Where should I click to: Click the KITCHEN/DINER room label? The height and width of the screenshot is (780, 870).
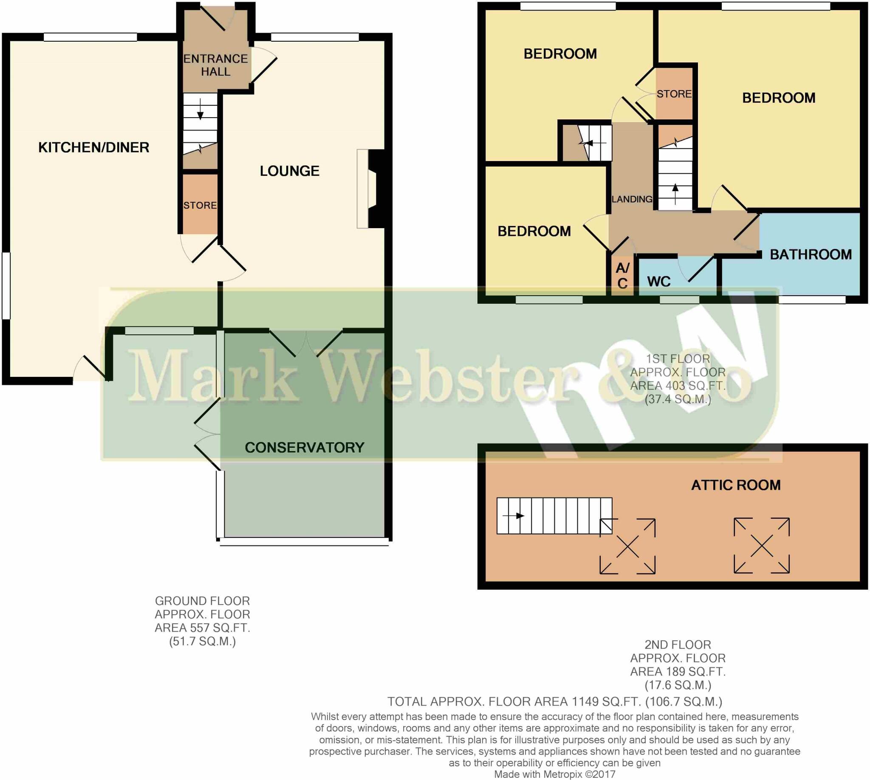coord(93,147)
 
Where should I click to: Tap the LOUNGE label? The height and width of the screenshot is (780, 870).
coord(289,171)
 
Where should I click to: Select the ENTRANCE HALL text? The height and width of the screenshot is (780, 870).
coord(215,65)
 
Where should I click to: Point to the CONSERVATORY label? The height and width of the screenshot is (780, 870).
coord(304,447)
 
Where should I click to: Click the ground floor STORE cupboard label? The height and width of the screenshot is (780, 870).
coord(200,205)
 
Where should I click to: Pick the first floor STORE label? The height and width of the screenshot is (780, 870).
coord(674,94)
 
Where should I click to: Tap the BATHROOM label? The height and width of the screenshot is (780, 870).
coord(811,254)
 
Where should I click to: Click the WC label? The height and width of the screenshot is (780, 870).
coord(659,282)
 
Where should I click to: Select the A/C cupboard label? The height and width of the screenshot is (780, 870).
coord(622,276)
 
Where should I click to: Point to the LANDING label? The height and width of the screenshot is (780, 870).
coord(632,199)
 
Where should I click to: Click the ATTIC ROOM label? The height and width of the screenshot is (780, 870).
coord(735,485)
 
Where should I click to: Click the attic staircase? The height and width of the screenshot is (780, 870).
coord(554,516)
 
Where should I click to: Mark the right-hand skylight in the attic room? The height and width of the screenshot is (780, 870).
coord(761,545)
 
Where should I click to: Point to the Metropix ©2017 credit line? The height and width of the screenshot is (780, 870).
coord(554,774)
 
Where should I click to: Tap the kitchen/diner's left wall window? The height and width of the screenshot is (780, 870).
coord(6,286)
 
